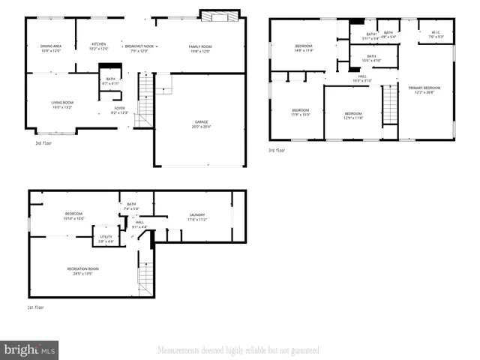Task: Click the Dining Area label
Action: click(x=51, y=49)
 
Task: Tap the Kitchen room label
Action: click(x=99, y=46)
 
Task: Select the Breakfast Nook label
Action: click(x=139, y=49)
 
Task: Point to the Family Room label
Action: click(x=200, y=49)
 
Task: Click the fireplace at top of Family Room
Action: click(x=219, y=16)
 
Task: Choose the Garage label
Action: click(x=202, y=124)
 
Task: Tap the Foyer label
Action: click(x=119, y=110)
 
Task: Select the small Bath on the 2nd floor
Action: click(x=110, y=81)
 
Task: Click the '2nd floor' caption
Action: click(x=44, y=142)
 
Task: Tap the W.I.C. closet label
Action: click(x=436, y=34)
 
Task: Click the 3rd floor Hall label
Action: click(x=362, y=78)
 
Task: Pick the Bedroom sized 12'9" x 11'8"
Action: click(x=352, y=116)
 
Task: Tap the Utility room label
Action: click(x=106, y=239)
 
